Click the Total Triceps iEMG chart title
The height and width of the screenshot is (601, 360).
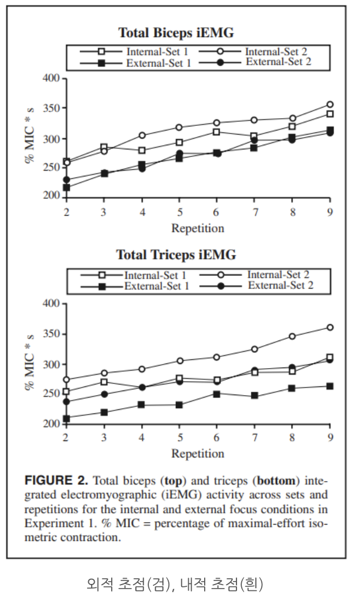point(176,255)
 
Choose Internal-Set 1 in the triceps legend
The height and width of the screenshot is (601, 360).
point(156,275)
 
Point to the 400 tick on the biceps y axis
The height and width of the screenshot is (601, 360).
point(52,78)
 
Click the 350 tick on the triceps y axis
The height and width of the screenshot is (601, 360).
point(52,334)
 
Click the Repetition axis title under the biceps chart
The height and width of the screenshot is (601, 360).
point(198,228)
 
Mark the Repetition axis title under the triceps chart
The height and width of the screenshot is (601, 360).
point(198,453)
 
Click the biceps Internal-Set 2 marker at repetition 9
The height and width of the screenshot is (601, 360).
point(330,105)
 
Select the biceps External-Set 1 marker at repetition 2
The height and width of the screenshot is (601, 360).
point(66,188)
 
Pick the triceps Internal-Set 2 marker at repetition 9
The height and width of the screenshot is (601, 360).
point(330,328)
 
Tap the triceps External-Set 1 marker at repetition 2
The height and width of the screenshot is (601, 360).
point(66,419)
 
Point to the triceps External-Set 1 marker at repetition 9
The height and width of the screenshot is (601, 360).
point(330,386)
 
